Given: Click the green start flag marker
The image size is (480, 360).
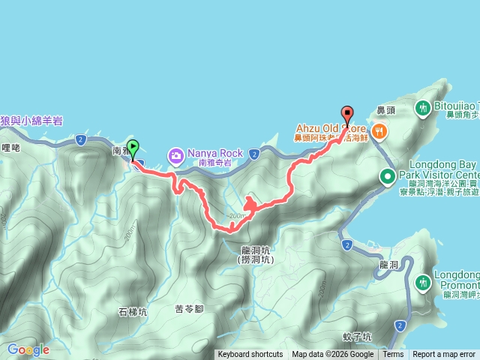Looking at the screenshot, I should (x=133, y=148).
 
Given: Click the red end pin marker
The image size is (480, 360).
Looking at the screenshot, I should (x=347, y=114).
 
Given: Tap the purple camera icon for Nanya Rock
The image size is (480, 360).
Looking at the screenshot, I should (x=176, y=156).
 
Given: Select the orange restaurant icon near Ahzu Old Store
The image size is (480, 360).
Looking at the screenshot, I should (x=380, y=132).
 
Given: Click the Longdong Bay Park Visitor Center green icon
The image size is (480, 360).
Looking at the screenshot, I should (x=388, y=177).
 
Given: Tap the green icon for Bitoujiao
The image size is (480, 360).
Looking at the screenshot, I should (x=422, y=107).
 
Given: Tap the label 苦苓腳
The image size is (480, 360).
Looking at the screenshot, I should (x=190, y=309).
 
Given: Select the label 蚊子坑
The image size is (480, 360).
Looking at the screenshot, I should (x=356, y=337).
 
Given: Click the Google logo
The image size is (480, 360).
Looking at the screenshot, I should (x=28, y=349).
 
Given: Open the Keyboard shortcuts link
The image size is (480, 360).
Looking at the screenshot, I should (x=250, y=355).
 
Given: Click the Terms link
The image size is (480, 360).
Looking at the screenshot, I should (x=393, y=355).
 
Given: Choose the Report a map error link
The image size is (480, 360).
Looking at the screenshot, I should (x=444, y=355).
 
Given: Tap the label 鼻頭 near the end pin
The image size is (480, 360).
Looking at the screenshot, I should (x=385, y=110).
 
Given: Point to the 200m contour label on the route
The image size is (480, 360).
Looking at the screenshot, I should (x=238, y=216).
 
